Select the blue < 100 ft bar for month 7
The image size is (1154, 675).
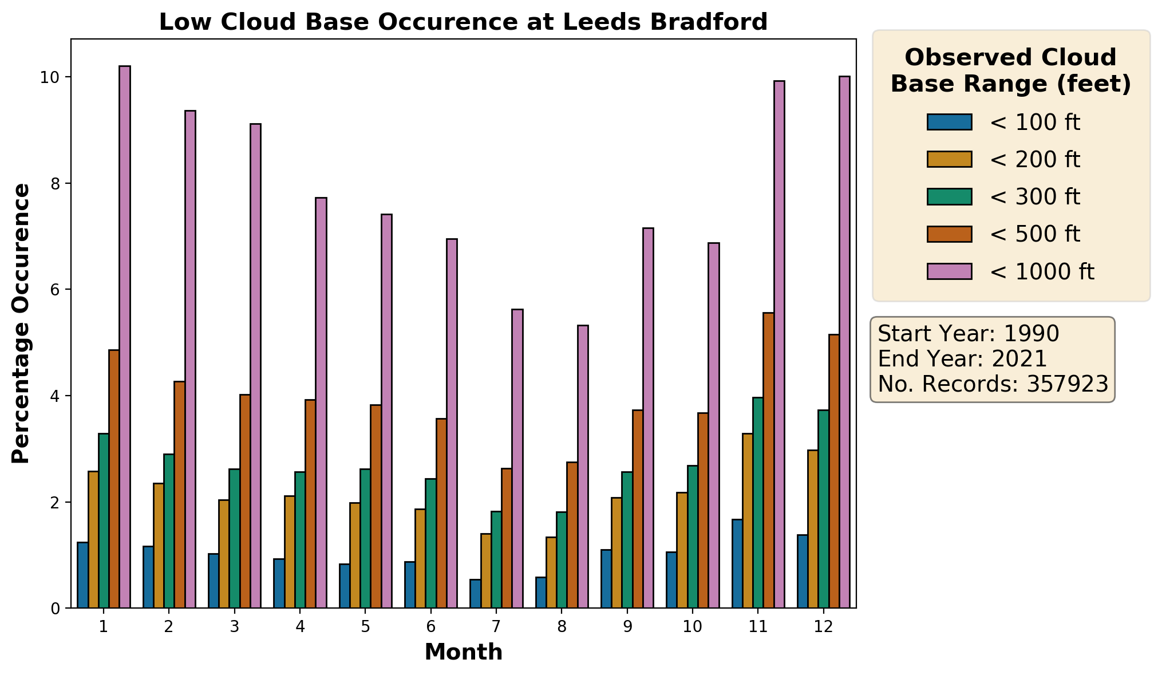coord(475,594)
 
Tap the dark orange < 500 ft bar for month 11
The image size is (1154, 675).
coord(768,460)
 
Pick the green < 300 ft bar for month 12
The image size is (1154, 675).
coord(823,509)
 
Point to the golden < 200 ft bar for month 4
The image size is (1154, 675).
coord(290,552)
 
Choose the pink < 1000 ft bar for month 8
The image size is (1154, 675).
coord(583,467)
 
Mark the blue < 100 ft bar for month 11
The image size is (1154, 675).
coord(737,563)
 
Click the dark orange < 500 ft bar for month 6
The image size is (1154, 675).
coord(441,513)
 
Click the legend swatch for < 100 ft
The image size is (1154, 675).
coord(949,122)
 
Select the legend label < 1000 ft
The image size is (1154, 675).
coord(1042,271)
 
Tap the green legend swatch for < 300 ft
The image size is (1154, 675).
coord(949,196)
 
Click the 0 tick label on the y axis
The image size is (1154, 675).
coord(56,609)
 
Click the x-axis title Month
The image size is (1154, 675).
coord(463,652)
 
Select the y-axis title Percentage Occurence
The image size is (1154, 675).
coord(21,323)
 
